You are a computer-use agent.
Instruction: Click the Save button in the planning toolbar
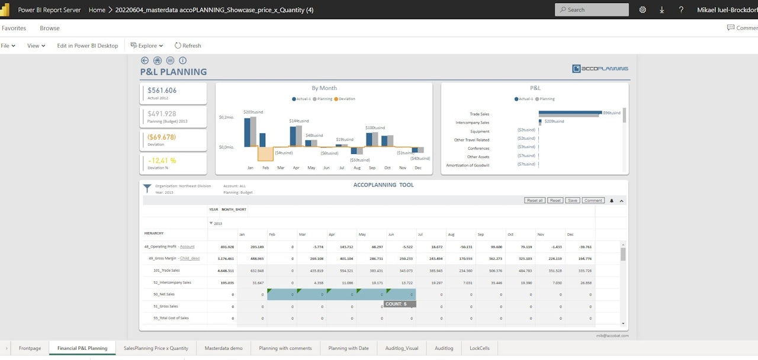(x=572, y=201)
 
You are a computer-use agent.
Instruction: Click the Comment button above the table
(x=593, y=201)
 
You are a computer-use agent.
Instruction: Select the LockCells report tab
(x=479, y=348)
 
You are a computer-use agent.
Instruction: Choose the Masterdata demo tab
(x=223, y=348)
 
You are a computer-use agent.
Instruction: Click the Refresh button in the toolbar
(x=188, y=46)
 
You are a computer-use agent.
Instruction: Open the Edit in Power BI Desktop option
(x=87, y=46)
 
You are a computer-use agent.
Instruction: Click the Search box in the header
(x=592, y=9)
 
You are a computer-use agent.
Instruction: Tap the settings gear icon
(x=643, y=9)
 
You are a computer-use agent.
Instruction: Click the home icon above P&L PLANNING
(x=158, y=60)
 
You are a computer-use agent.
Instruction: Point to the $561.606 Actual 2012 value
(x=162, y=91)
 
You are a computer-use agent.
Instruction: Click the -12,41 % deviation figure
(x=162, y=160)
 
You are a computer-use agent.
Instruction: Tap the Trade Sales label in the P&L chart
(x=479, y=114)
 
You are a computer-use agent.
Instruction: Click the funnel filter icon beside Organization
(x=147, y=188)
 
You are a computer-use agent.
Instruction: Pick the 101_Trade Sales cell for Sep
(x=491, y=271)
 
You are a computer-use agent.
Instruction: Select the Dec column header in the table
(x=570, y=234)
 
